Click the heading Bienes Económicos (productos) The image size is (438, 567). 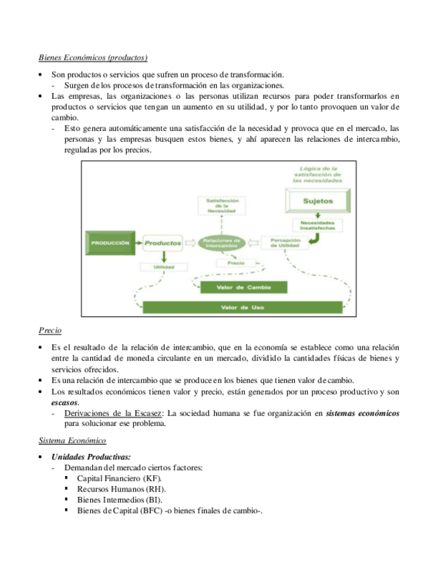pyautogui.click(x=93, y=58)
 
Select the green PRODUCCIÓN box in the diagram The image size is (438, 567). pyautogui.click(x=110, y=243)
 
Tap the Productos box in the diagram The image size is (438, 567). pyautogui.click(x=163, y=243)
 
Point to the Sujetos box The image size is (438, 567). pyautogui.click(x=317, y=201)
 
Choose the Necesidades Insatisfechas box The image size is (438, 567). pyautogui.click(x=317, y=225)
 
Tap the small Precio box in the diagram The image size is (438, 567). pyautogui.click(x=235, y=264)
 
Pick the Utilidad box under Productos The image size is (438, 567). pyautogui.click(x=164, y=267)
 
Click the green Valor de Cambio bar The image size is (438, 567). pyautogui.click(x=243, y=288)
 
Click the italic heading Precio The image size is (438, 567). pyautogui.click(x=50, y=330)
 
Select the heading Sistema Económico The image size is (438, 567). pyautogui.click(x=72, y=441)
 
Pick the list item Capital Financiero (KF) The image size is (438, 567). pyautogui.click(x=120, y=478)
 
